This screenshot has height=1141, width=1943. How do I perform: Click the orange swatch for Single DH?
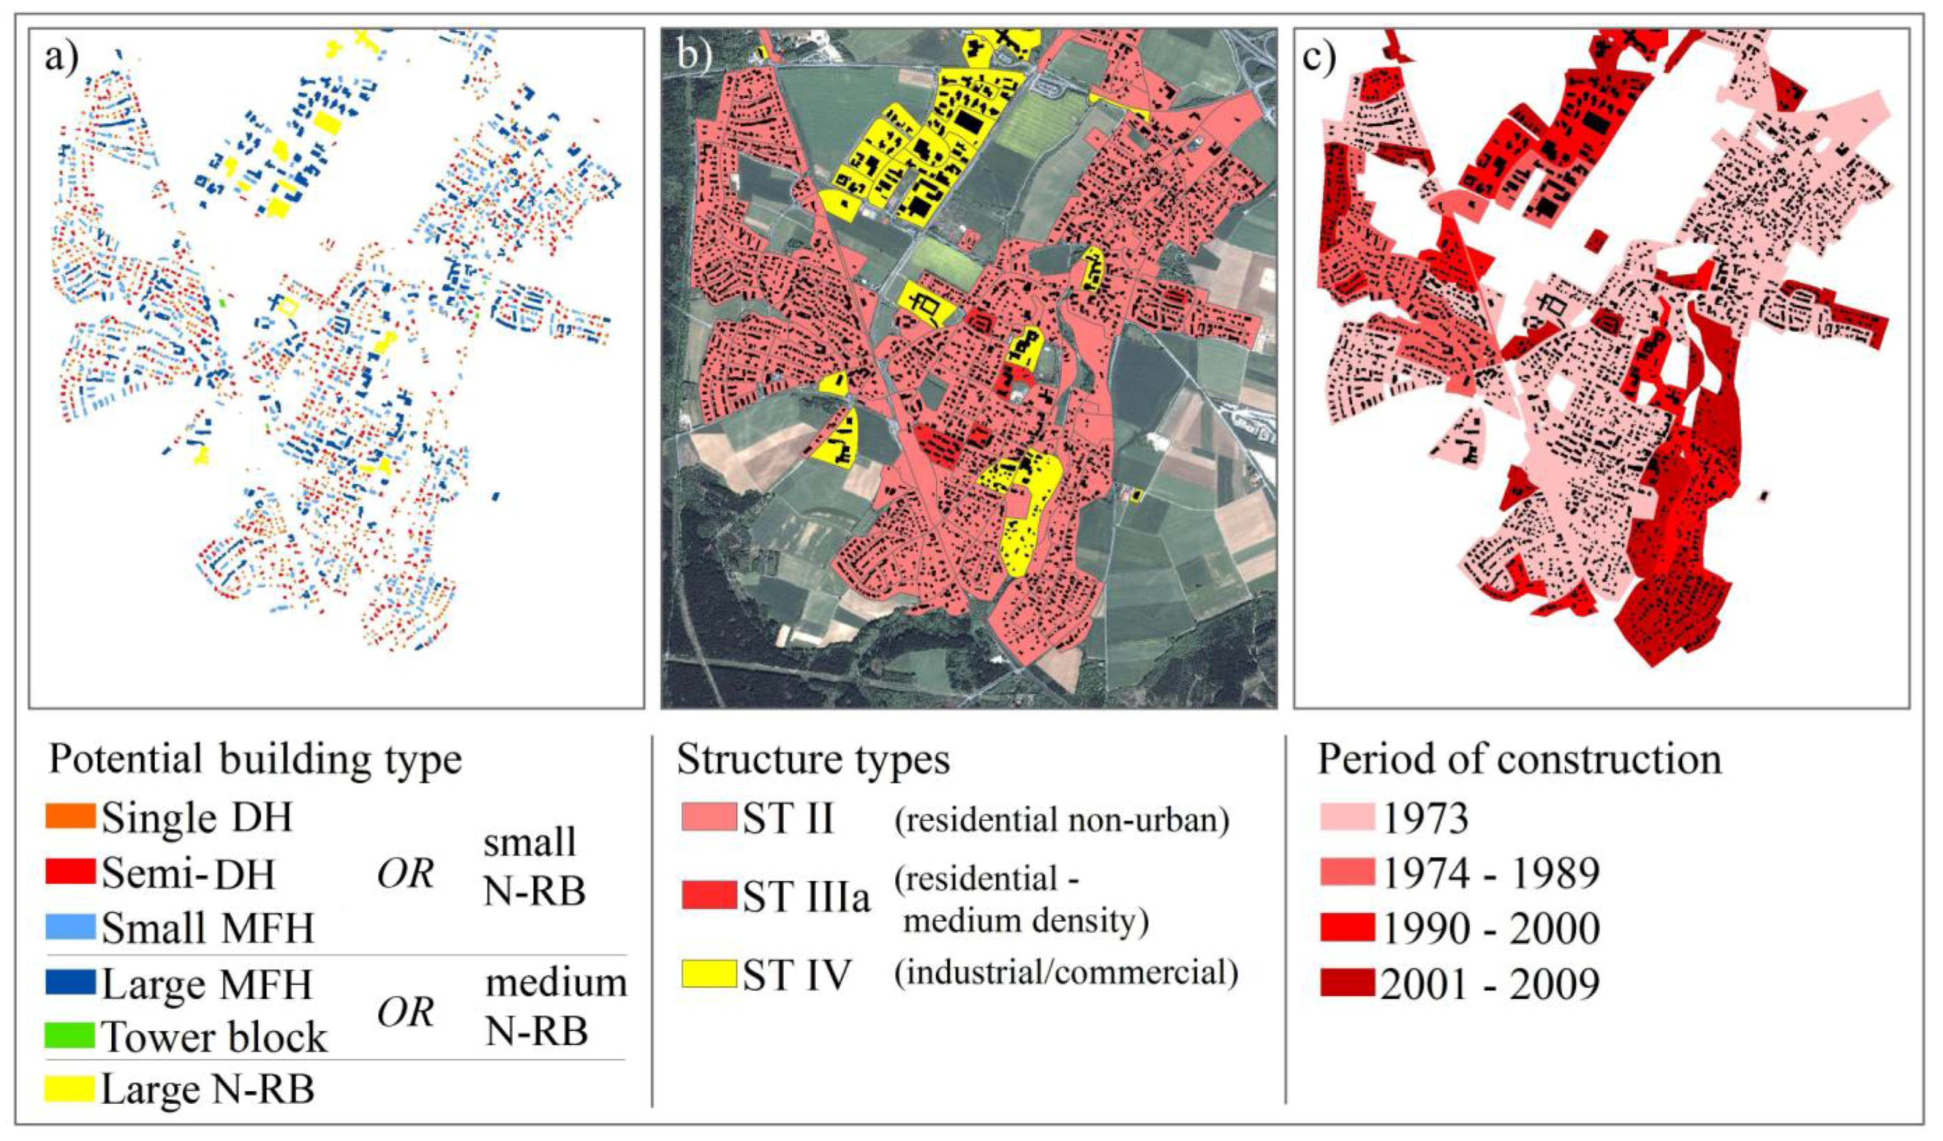point(70,816)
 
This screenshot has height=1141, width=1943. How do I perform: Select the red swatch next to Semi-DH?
point(70,871)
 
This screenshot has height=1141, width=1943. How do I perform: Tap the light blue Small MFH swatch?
point(70,926)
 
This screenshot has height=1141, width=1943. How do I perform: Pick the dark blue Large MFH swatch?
point(70,982)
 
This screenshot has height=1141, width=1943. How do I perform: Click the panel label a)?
point(62,58)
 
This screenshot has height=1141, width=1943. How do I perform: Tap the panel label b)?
point(693,58)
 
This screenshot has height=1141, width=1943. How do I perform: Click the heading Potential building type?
point(255,760)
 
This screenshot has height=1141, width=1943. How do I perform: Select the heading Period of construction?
point(1519,760)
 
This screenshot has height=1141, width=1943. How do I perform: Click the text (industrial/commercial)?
point(1066,973)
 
